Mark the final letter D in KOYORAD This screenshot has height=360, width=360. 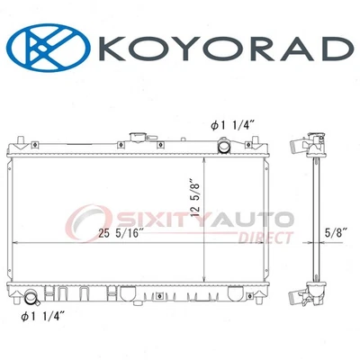click(332, 50)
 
